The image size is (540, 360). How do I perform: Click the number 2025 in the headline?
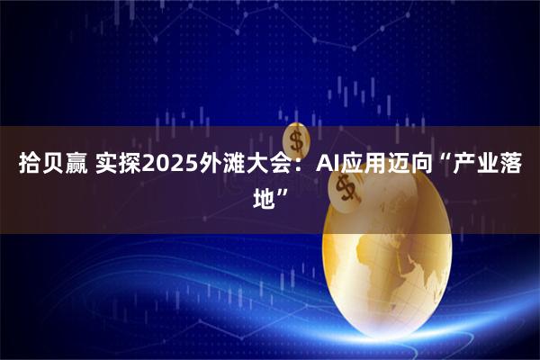pos(166,165)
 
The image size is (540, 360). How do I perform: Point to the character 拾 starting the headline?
pos(29,165)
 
